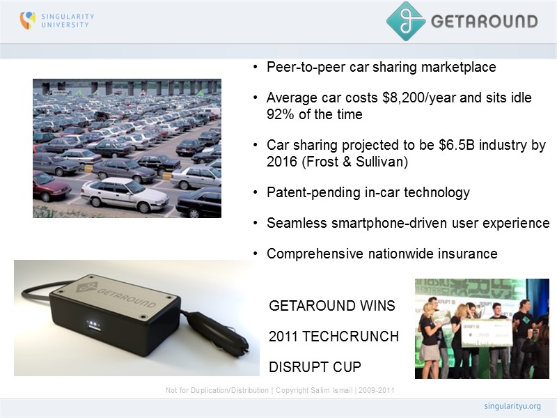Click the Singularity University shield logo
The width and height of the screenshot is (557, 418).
click(x=27, y=20)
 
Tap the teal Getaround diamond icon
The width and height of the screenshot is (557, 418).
click(x=406, y=21)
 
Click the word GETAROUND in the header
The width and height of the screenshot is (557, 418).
click(x=484, y=21)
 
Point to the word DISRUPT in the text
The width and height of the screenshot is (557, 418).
click(x=297, y=367)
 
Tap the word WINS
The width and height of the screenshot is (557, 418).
click(x=377, y=306)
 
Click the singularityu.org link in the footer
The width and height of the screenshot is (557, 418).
click(x=512, y=405)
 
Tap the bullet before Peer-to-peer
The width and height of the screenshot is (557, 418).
click(x=256, y=68)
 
